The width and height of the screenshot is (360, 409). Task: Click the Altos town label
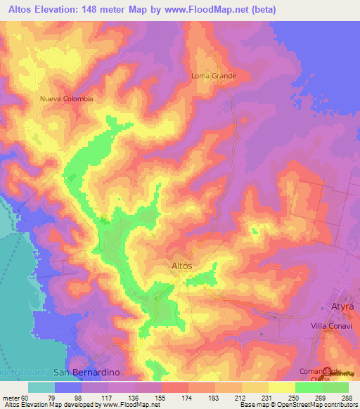pyautogui.click(x=182, y=266)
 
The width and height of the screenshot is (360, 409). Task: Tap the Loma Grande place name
pyautogui.click(x=213, y=76)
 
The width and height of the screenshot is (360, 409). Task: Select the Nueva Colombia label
pyautogui.click(x=67, y=99)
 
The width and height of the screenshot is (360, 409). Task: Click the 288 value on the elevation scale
pyautogui.click(x=347, y=397)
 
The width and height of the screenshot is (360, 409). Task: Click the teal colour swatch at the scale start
pyautogui.click(x=41, y=387)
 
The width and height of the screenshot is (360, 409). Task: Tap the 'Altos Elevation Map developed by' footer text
pyautogui.click(x=49, y=405)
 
